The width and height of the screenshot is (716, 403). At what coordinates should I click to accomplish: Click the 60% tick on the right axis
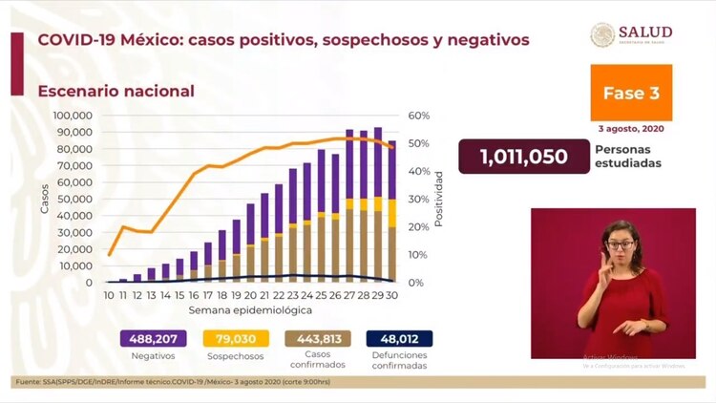click(419, 116)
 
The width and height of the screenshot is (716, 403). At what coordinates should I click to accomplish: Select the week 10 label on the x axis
click(110, 296)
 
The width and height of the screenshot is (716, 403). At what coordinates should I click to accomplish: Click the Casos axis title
click(44, 198)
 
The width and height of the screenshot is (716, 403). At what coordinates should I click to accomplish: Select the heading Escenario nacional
click(116, 91)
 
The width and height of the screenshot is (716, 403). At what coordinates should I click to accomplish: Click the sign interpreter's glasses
click(620, 245)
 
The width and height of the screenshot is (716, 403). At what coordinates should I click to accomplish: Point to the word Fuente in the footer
click(28, 382)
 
